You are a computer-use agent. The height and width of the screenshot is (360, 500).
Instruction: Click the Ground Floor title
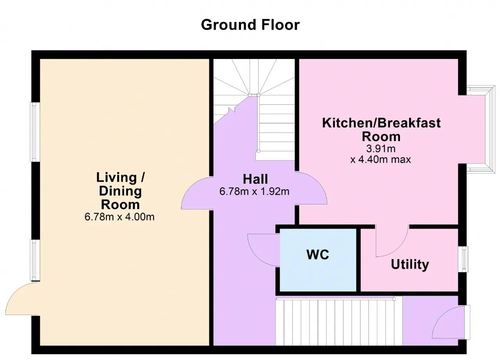250,25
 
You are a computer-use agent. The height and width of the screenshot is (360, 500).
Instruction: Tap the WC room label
318,254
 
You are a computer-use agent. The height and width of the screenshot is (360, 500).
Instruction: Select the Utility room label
410,265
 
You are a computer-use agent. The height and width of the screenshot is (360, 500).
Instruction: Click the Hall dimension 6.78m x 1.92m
254,192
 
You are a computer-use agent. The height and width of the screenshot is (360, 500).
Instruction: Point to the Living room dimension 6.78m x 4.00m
120,217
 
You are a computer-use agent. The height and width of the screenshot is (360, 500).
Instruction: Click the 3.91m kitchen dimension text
381,149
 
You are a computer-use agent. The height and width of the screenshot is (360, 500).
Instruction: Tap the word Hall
255,179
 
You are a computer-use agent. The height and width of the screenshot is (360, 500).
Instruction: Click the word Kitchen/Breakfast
381,123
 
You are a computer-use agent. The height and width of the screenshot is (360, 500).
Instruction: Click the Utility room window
463,259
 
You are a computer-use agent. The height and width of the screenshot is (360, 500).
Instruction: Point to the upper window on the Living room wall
35,132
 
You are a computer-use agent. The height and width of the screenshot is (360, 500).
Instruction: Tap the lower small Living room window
35,260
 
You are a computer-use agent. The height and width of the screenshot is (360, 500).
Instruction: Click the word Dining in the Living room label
120,192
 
